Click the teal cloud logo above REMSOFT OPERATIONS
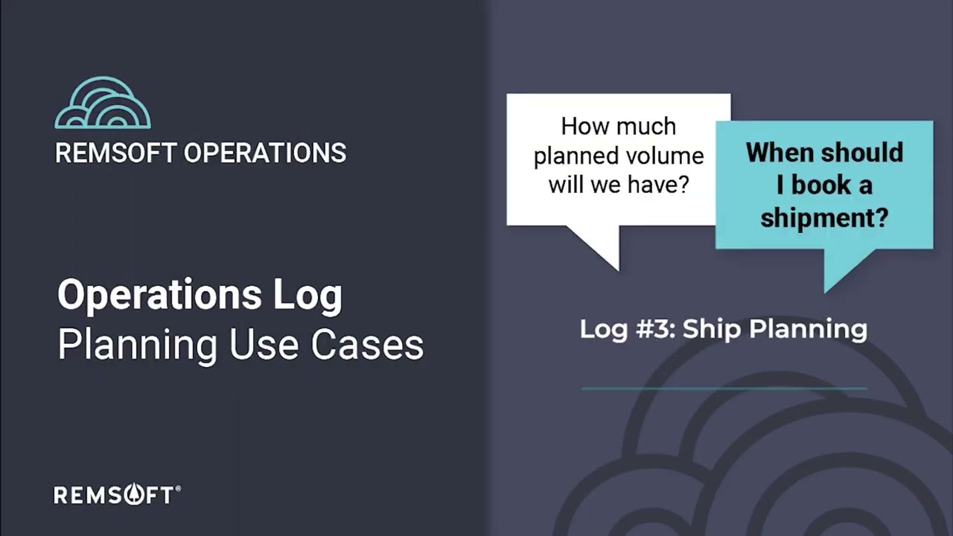(x=103, y=103)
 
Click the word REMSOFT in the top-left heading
(x=115, y=153)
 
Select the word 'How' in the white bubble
(x=580, y=127)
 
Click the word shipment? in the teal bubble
(x=824, y=218)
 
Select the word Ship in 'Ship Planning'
(x=707, y=328)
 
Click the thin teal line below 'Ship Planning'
(x=724, y=388)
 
